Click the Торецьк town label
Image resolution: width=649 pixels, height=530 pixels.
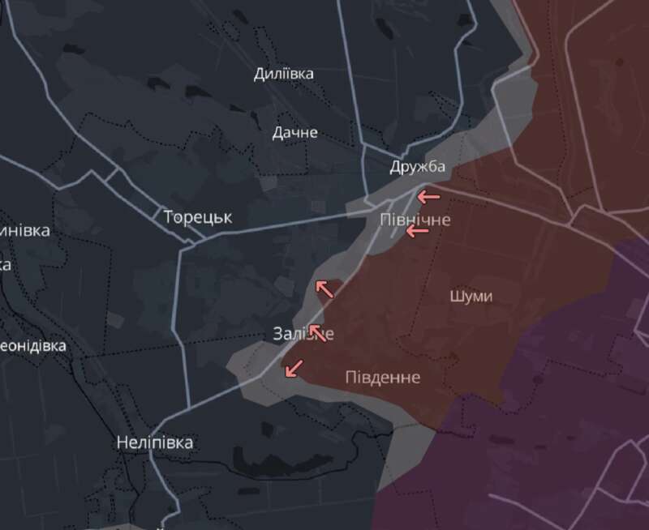click(198, 217)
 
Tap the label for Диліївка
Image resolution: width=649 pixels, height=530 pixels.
click(283, 74)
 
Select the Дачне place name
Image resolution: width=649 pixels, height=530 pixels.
click(295, 132)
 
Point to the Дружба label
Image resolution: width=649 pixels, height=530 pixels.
click(417, 167)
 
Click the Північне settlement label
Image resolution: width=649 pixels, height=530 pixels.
click(415, 220)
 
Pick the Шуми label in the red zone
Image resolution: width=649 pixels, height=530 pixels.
click(471, 296)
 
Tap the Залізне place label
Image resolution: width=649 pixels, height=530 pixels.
click(303, 334)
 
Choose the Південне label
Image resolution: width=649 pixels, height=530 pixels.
click(382, 377)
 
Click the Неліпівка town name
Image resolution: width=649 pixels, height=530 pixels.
click(155, 442)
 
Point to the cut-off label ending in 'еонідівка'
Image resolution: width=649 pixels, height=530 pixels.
click(32, 345)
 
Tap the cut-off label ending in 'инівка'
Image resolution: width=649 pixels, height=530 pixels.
click(24, 230)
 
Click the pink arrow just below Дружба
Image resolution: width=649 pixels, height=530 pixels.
click(428, 196)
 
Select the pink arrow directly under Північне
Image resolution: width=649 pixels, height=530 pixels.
click(417, 232)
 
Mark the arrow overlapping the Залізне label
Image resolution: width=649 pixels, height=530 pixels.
click(317, 332)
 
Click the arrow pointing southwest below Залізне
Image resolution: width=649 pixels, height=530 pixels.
click(294, 368)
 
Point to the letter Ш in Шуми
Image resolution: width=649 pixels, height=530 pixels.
click(455, 296)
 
